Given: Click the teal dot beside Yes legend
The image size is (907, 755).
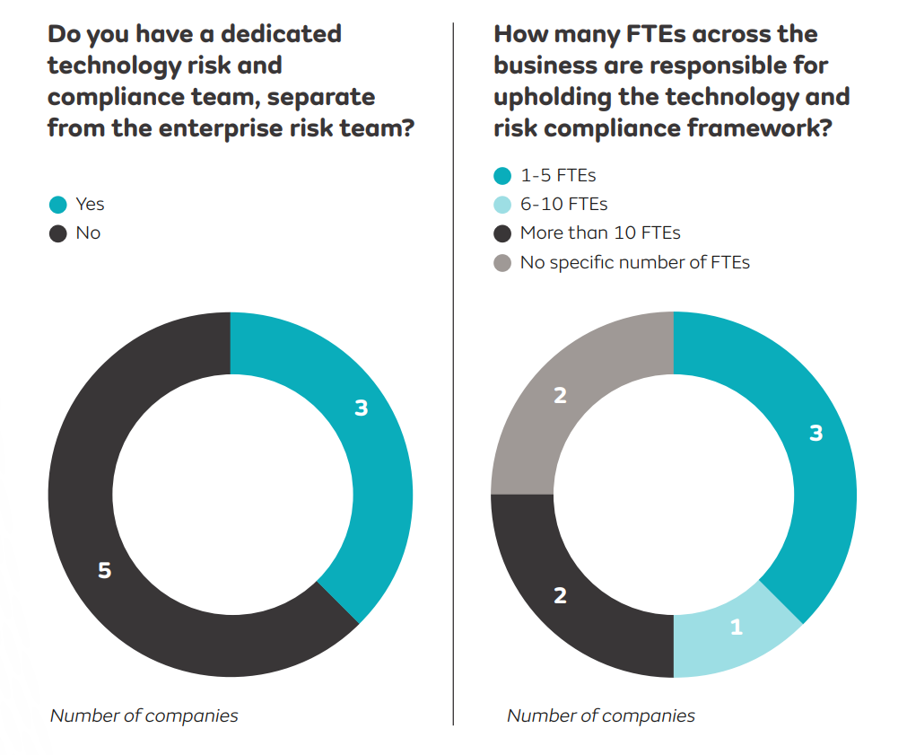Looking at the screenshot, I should click(58, 205).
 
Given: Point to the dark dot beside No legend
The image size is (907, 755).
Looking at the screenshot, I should click(58, 233).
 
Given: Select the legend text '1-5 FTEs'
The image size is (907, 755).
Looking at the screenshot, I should click(558, 176).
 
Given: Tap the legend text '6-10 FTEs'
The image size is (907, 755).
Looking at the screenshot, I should click(563, 205).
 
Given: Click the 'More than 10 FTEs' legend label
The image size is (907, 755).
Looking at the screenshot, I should click(600, 233).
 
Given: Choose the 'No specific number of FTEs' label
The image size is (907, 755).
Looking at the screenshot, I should click(634, 262).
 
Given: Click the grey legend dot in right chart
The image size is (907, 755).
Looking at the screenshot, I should click(502, 263).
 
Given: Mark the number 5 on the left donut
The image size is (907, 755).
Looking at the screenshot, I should click(104, 570).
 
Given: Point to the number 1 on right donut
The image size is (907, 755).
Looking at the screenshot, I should click(737, 627).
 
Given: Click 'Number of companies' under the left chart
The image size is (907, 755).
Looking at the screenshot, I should click(144, 715).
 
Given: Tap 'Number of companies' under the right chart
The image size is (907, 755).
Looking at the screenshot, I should click(601, 715).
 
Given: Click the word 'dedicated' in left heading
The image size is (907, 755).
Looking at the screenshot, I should click(281, 34).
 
